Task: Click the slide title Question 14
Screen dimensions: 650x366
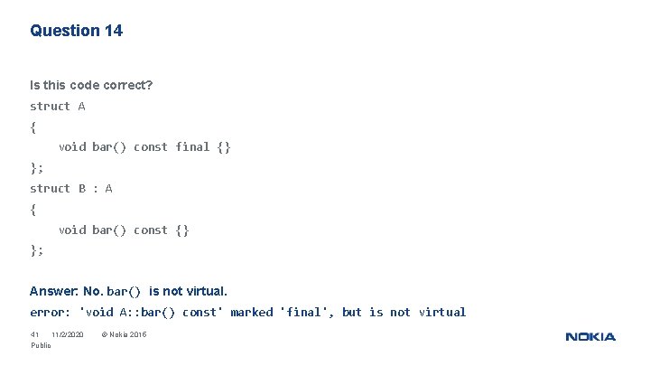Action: (76, 31)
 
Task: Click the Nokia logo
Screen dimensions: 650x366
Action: (590, 337)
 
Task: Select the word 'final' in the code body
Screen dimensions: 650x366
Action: (192, 146)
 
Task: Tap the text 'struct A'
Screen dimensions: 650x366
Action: (58, 106)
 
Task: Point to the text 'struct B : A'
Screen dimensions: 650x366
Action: (71, 188)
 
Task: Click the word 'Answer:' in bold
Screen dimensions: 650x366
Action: (54, 291)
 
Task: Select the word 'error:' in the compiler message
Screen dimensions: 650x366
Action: (51, 312)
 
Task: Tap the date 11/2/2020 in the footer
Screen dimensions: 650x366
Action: (68, 335)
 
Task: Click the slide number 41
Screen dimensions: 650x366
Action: (35, 335)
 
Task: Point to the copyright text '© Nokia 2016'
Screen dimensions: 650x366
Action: (124, 335)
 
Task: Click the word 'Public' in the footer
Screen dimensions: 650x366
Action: (41, 345)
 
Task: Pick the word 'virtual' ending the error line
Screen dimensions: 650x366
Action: (442, 312)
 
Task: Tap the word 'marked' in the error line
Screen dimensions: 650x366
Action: (251, 312)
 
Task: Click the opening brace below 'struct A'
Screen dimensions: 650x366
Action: (33, 127)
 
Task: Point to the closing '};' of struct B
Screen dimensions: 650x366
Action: (37, 250)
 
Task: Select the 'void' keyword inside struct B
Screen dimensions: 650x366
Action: (72, 230)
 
